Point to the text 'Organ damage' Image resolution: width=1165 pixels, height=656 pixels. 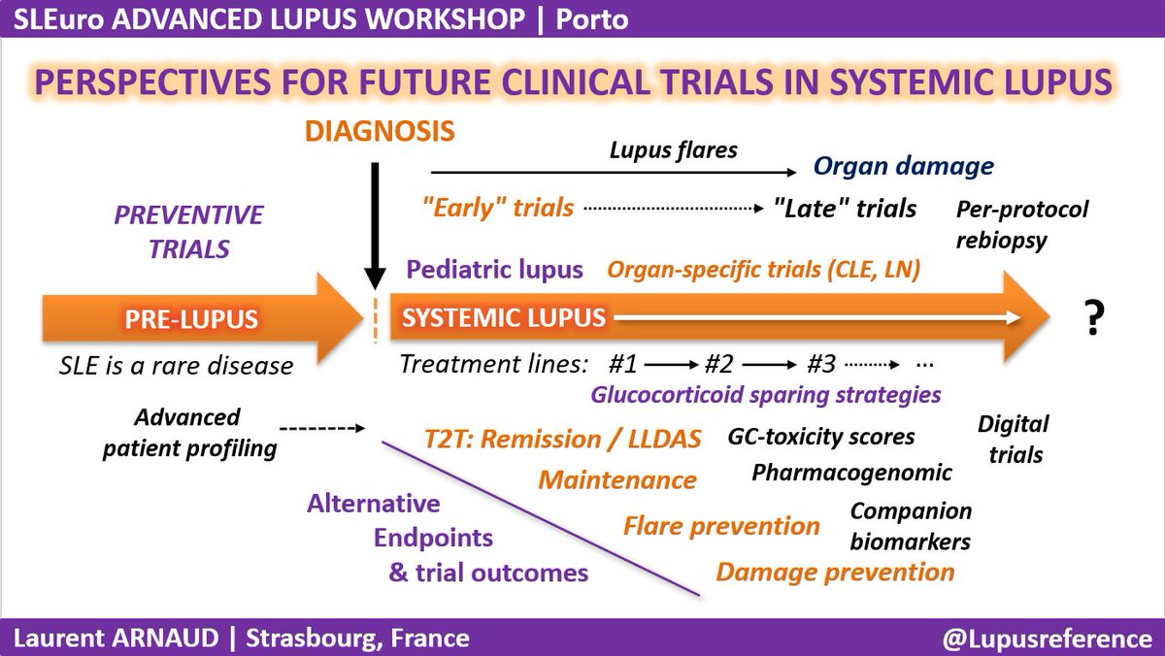pyautogui.click(x=903, y=165)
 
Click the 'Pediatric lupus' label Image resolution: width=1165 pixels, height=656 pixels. pyautogui.click(x=494, y=270)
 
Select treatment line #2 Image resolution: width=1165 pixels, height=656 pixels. pyautogui.click(x=719, y=366)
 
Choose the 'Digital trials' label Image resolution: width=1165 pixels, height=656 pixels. pyautogui.click(x=1013, y=438)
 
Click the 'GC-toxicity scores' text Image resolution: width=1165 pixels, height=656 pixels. pyautogui.click(x=820, y=437)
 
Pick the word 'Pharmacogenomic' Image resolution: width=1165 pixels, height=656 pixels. pyautogui.click(x=851, y=473)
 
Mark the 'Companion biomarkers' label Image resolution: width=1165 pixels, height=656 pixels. pyautogui.click(x=910, y=526)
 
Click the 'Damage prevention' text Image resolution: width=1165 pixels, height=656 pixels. pyautogui.click(x=835, y=572)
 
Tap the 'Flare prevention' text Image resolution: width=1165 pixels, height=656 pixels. pyautogui.click(x=721, y=526)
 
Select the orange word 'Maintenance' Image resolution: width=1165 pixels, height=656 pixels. pyautogui.click(x=617, y=479)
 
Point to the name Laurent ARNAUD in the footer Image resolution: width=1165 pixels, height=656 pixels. pyautogui.click(x=120, y=639)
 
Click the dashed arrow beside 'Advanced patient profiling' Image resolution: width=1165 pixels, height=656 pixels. pyautogui.click(x=319, y=428)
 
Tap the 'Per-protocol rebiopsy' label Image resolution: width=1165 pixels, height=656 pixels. pyautogui.click(x=1022, y=224)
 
